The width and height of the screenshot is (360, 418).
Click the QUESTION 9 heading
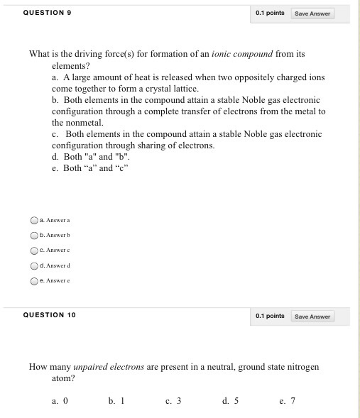(x=47, y=13)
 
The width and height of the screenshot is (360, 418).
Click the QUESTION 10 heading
(x=49, y=315)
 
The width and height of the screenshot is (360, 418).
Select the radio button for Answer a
(x=34, y=219)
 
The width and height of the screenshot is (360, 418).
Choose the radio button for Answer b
(x=34, y=235)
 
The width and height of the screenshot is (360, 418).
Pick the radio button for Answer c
(x=34, y=250)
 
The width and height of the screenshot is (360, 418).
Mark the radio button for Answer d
(x=34, y=265)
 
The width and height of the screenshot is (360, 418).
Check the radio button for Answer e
(x=34, y=280)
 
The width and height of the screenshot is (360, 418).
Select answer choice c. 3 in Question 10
(x=173, y=401)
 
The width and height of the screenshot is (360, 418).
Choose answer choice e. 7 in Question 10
(x=288, y=401)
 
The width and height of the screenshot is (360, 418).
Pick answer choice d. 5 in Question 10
(x=230, y=401)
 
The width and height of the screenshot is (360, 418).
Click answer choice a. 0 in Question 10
(x=60, y=401)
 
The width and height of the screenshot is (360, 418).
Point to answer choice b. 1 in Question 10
(x=116, y=401)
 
